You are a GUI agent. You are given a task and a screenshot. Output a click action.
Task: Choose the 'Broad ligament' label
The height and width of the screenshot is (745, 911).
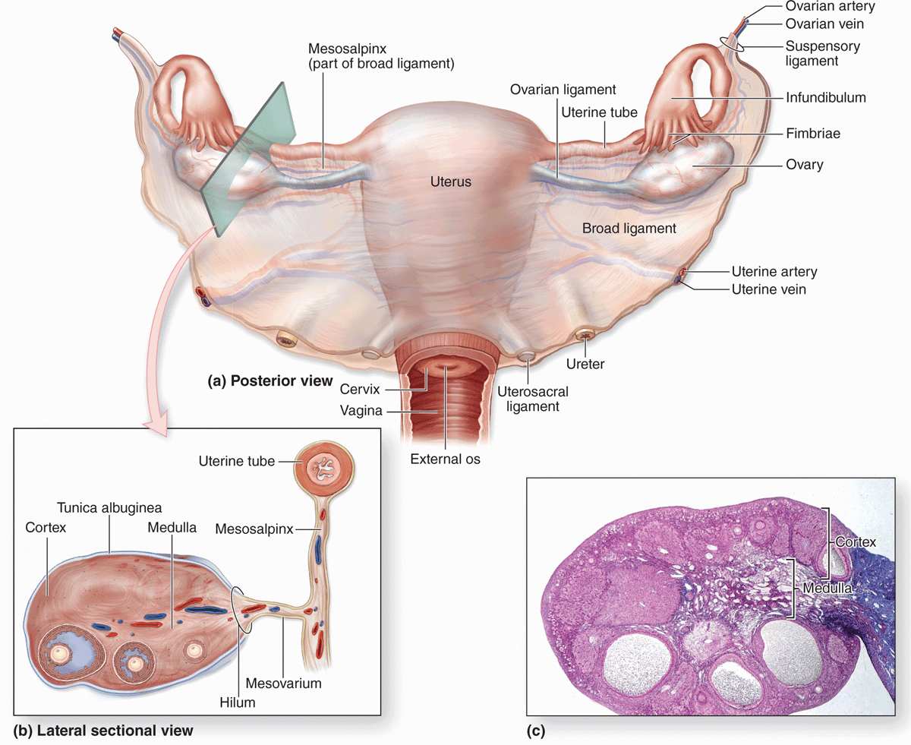[x=629, y=228]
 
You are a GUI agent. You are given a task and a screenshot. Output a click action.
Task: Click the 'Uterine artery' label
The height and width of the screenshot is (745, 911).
[x=774, y=271]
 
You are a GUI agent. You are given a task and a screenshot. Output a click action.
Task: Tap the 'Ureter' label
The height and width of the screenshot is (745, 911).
[x=586, y=364]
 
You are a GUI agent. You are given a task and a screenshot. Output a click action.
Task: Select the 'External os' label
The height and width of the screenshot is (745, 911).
[x=445, y=459]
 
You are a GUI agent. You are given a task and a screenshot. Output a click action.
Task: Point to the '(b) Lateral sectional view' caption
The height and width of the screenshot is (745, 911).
[x=103, y=731]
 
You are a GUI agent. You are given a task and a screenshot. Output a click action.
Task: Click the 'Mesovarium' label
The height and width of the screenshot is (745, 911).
[x=288, y=683]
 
